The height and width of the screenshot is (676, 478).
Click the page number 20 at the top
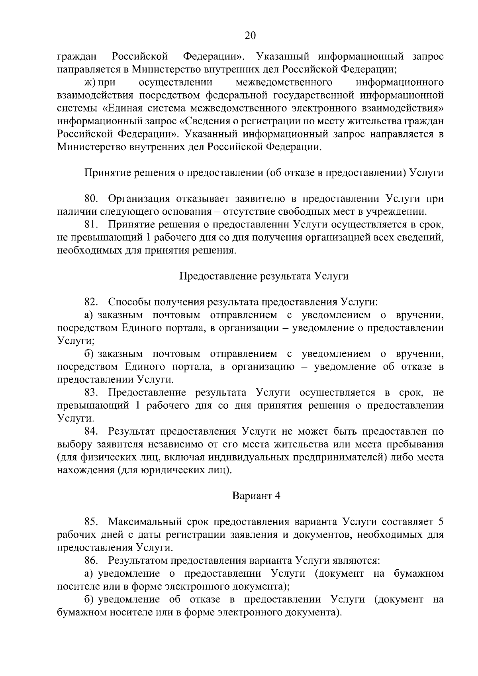(x=250, y=35)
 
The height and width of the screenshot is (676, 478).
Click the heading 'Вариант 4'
(x=257, y=496)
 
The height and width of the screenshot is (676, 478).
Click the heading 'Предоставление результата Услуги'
(x=264, y=276)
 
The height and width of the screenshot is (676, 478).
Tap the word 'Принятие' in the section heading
(x=102, y=173)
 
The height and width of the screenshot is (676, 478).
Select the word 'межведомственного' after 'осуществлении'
(x=284, y=82)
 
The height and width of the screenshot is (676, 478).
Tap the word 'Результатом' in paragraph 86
(x=138, y=560)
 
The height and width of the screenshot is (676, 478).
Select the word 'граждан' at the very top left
(x=74, y=57)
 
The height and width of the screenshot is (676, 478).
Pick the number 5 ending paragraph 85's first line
(x=440, y=522)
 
